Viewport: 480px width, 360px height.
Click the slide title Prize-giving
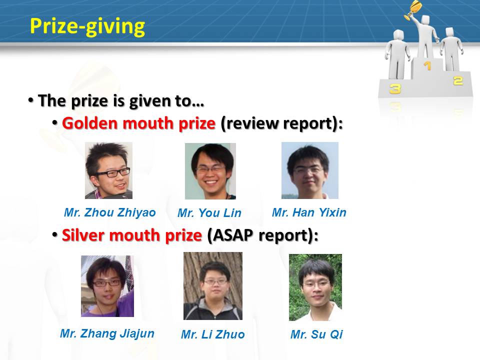click(87, 27)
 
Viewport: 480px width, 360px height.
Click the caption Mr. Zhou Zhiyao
click(110, 212)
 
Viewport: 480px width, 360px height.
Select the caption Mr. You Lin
click(209, 213)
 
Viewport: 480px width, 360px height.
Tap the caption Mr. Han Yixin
click(309, 212)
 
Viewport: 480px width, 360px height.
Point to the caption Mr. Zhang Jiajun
click(107, 333)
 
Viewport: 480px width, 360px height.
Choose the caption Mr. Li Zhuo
click(213, 334)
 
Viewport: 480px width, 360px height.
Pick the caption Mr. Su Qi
click(316, 334)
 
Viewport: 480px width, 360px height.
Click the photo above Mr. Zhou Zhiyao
click(108, 170)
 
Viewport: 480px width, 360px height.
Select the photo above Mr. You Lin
click(210, 171)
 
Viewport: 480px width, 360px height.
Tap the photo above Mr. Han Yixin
click(310, 170)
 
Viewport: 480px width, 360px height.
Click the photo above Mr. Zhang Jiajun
click(107, 286)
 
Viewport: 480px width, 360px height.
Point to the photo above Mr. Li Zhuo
click(213, 286)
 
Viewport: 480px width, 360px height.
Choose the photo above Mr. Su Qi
click(315, 287)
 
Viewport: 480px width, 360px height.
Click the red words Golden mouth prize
click(138, 123)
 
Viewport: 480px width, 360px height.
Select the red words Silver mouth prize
click(132, 235)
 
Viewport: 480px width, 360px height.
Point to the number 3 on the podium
click(395, 89)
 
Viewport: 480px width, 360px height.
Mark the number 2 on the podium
click(458, 81)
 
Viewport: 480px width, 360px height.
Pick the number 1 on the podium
click(427, 65)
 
